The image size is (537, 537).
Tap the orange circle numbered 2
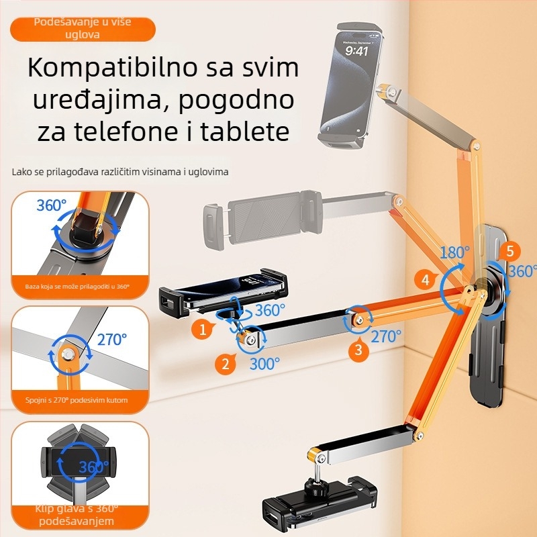coord(226,364)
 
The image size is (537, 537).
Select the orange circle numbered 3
coord(358,349)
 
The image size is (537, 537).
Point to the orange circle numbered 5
coord(510,251)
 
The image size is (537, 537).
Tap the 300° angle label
coord(264,363)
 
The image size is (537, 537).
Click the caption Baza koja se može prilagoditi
coord(77,287)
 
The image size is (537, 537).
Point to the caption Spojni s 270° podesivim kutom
coord(77,401)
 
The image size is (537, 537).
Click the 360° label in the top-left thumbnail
coord(52,206)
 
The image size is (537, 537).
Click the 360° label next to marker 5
coord(523,271)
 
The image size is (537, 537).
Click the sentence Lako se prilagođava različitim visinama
coord(120,172)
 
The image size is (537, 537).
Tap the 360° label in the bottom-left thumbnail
coord(93,467)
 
